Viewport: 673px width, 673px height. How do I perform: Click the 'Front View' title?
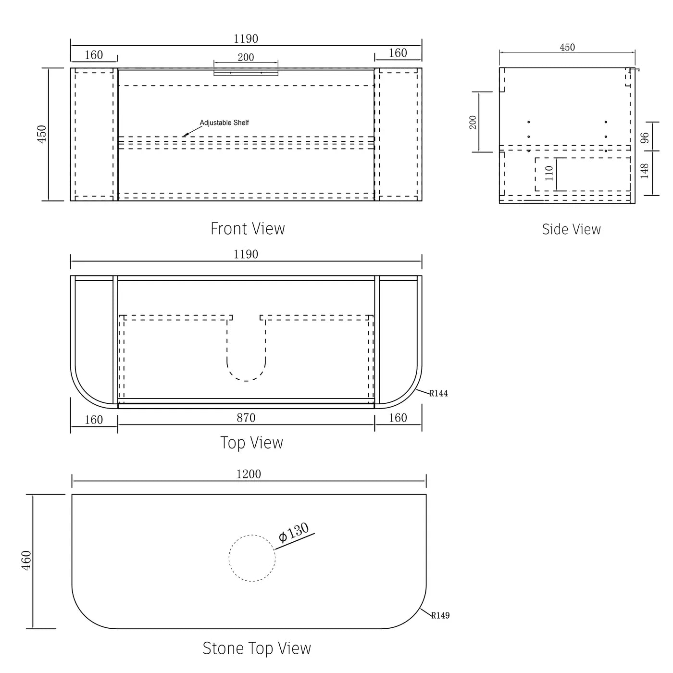click(x=248, y=229)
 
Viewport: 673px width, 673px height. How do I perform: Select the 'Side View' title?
click(x=571, y=229)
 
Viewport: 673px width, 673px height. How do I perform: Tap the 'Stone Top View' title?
click(x=257, y=648)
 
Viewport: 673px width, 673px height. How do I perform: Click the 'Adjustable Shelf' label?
click(x=224, y=123)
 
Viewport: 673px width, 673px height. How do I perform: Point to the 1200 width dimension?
click(x=249, y=474)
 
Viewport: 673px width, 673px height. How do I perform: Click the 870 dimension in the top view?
click(x=246, y=418)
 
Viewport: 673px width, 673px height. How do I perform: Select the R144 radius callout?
click(x=438, y=393)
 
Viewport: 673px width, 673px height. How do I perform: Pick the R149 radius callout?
click(x=440, y=615)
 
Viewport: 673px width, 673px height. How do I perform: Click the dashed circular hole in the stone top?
click(x=252, y=558)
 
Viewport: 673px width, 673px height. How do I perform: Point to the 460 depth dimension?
click(x=26, y=561)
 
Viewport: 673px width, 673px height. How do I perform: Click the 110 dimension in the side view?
click(x=549, y=173)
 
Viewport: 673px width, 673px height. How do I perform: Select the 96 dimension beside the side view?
click(x=645, y=137)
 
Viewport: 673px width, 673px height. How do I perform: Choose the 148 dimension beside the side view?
click(x=644, y=171)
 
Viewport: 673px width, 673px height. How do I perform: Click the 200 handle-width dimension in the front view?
click(x=246, y=57)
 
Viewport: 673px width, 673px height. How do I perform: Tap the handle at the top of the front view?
click(x=246, y=72)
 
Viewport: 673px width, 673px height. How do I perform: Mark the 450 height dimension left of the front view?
click(x=41, y=134)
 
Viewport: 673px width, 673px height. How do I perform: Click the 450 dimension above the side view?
click(x=567, y=47)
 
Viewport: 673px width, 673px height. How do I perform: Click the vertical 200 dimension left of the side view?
click(x=473, y=122)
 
